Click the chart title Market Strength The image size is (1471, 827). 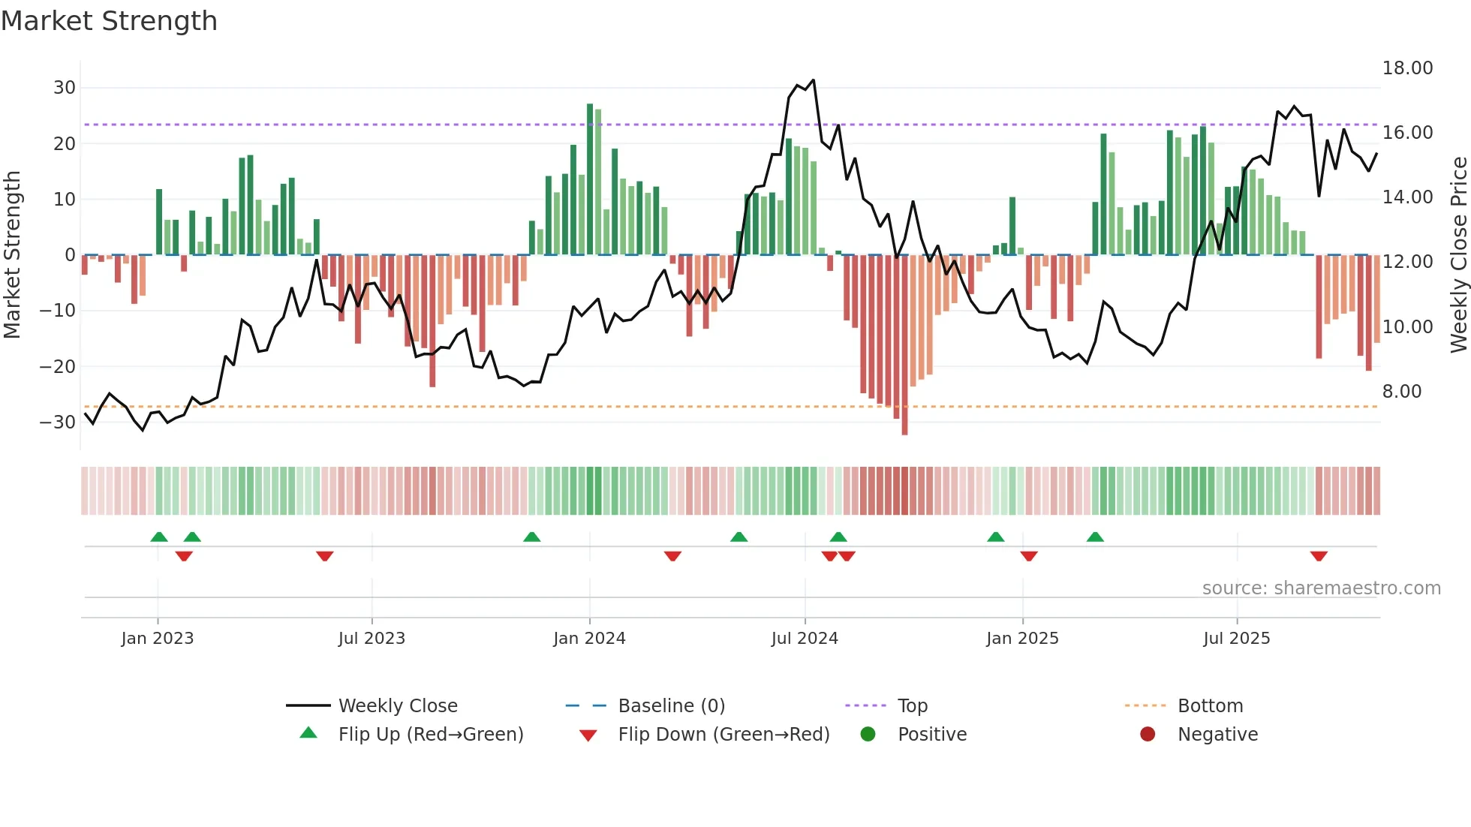(110, 21)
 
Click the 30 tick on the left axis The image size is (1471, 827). (64, 88)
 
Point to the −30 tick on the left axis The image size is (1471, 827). (58, 422)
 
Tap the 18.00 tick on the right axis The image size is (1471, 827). (1407, 68)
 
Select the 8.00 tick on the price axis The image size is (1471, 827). (1401, 392)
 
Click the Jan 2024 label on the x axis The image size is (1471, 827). (589, 639)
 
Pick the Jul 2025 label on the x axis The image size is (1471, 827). (1236, 639)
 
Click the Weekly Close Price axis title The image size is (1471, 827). (1458, 255)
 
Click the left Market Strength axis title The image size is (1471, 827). (12, 255)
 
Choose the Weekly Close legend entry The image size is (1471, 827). (397, 706)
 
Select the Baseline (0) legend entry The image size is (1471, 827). (671, 706)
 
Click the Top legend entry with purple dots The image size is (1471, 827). (912, 706)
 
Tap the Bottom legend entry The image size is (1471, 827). (1210, 706)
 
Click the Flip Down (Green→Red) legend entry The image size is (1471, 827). (723, 735)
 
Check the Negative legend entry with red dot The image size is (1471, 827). (1217, 735)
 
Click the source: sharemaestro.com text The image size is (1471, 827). (1321, 588)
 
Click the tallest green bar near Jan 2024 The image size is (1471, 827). (590, 180)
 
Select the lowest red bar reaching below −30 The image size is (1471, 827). (904, 345)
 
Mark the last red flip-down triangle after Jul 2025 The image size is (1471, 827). (1319, 556)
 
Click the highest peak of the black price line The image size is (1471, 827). (813, 80)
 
